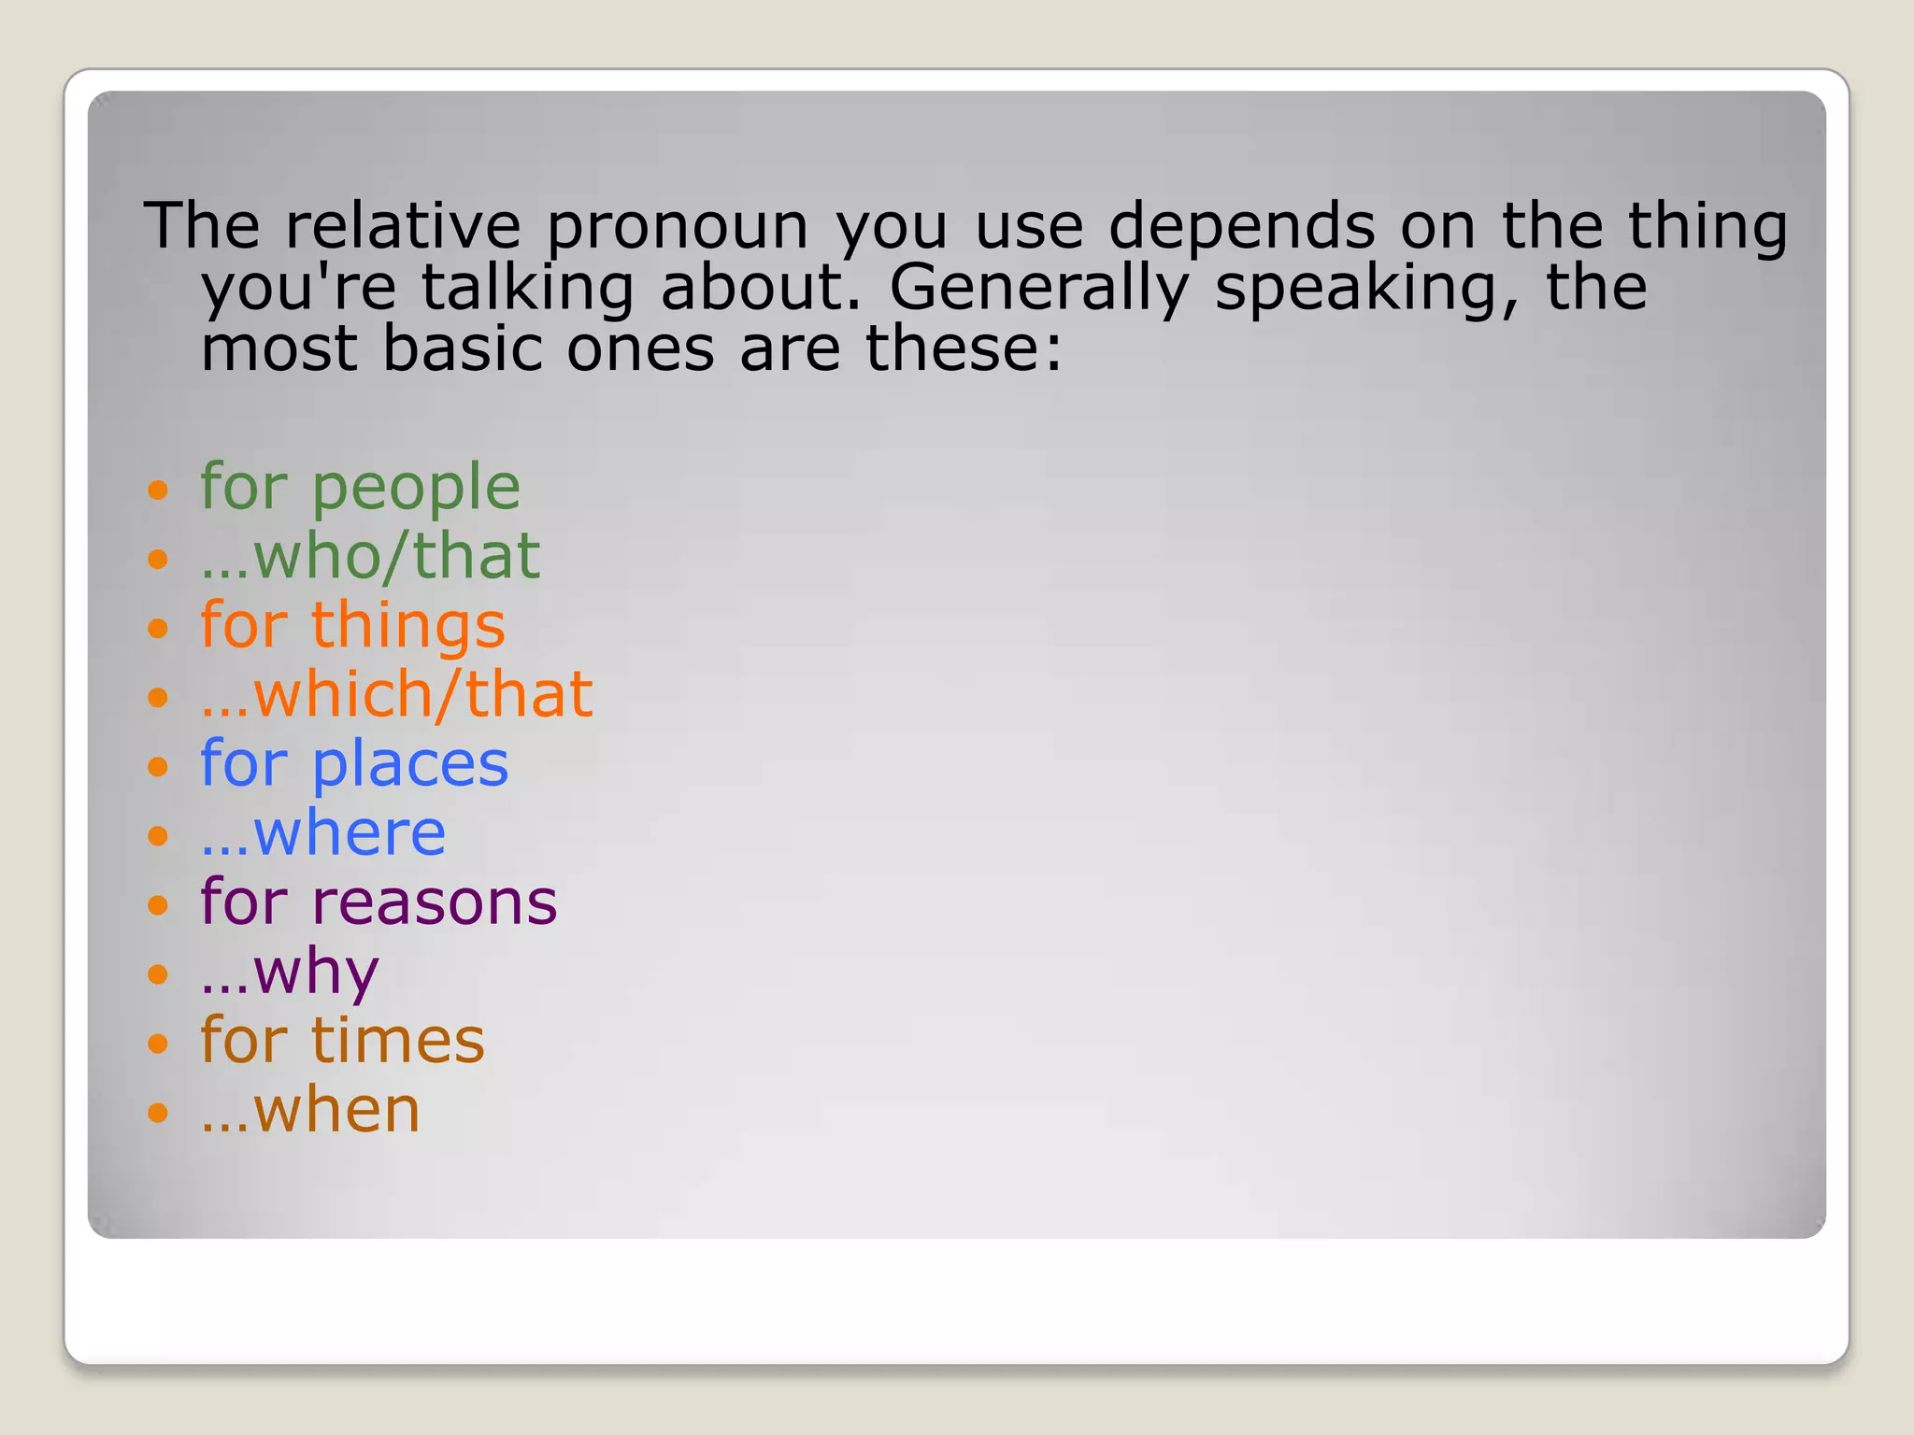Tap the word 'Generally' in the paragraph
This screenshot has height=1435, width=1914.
click(1038, 288)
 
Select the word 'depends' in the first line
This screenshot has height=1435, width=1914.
click(1242, 227)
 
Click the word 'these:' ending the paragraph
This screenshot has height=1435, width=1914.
click(964, 348)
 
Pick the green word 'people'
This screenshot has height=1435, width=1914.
click(415, 489)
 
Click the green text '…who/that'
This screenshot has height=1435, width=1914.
click(370, 556)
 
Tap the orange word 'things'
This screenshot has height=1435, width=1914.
click(407, 626)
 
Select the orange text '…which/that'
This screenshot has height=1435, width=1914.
click(396, 695)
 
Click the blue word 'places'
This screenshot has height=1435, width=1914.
click(409, 765)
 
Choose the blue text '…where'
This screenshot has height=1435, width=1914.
click(322, 833)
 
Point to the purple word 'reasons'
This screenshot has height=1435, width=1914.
click(434, 903)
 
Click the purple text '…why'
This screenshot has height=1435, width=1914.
click(290, 973)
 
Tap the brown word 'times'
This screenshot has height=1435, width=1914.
click(397, 1041)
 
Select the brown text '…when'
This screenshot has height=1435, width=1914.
click(310, 1111)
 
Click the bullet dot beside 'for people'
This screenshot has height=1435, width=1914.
click(158, 490)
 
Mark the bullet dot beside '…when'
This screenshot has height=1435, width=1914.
click(158, 1112)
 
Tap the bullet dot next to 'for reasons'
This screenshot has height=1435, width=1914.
click(158, 904)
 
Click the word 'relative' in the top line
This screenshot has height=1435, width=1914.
click(403, 227)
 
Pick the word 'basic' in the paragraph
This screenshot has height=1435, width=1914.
click(463, 348)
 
